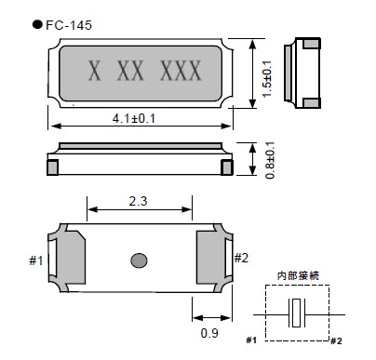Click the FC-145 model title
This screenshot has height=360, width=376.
pyautogui.click(x=69, y=25)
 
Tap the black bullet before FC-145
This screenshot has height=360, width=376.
pyautogui.click(x=37, y=24)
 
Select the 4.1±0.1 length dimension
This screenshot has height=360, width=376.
pyautogui.click(x=134, y=118)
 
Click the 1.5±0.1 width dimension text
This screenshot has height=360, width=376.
pyautogui.click(x=267, y=79)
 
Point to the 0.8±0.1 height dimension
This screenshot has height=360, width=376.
pyautogui.click(x=270, y=160)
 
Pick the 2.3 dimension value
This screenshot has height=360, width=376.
pyautogui.click(x=139, y=201)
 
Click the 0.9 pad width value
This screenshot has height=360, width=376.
pyautogui.click(x=209, y=333)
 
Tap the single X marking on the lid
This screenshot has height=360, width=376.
pyautogui.click(x=95, y=71)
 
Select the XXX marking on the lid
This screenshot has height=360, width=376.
pyautogui.click(x=181, y=71)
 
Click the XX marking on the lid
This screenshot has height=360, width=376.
pyautogui.click(x=130, y=71)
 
